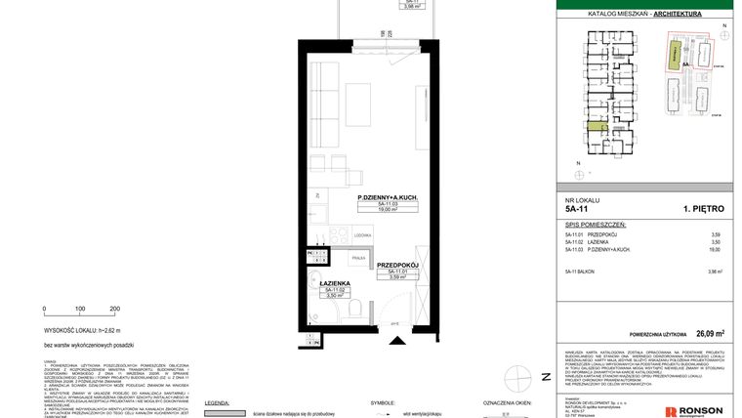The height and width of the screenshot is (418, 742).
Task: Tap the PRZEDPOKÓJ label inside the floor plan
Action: [397, 264]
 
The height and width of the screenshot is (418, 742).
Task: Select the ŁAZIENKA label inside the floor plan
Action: [335, 283]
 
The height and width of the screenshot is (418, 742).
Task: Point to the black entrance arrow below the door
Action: [395, 340]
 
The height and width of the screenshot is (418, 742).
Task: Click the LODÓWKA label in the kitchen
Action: [361, 235]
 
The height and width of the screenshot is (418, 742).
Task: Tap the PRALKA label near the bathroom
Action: [359, 258]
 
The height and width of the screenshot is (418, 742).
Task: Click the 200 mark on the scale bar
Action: [115, 308]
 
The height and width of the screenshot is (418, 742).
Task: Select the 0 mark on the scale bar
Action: [44, 308]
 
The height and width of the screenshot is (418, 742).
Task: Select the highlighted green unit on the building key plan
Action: [596, 127]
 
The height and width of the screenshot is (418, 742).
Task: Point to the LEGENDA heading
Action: [217, 401]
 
